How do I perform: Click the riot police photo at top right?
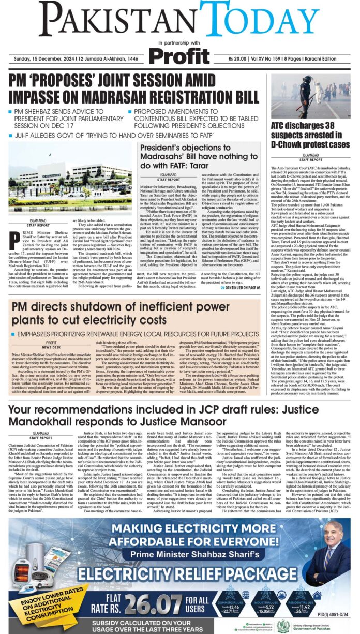(x=310, y=96)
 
